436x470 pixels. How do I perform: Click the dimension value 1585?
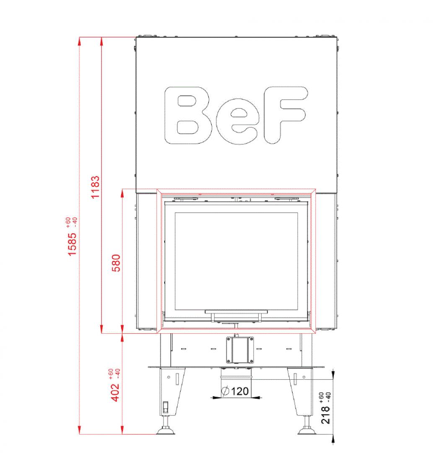coord(73,244)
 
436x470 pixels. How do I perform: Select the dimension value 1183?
coord(95,187)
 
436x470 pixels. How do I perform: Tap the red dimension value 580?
coord(116,263)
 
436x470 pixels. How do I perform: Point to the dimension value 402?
coord(115,393)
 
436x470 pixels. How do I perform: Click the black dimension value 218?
coord(325,415)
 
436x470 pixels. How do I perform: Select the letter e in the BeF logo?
coord(236,121)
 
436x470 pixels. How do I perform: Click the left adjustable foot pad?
coord(166,431)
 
